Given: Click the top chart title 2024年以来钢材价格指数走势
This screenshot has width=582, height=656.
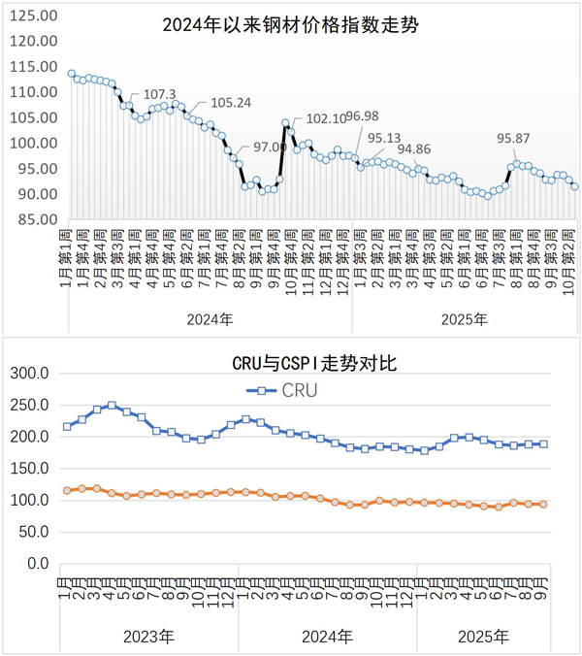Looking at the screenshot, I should click(x=291, y=24).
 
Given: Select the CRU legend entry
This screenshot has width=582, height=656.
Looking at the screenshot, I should click(x=287, y=391).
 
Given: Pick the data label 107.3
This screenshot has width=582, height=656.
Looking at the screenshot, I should click(x=159, y=94).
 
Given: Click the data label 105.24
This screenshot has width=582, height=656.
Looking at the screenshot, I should click(x=231, y=102).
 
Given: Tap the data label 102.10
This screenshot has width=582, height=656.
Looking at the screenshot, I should click(x=326, y=119).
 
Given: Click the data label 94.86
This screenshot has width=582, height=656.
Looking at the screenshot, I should click(x=414, y=149).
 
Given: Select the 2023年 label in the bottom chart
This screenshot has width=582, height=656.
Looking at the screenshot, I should click(x=148, y=637).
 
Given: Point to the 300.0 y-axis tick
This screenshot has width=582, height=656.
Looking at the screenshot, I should click(x=29, y=374).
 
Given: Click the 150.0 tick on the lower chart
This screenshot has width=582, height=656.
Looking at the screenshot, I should click(x=29, y=469).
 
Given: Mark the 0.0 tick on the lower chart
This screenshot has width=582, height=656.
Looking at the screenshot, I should click(x=37, y=564).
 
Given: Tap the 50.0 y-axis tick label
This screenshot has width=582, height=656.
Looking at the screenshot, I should click(x=33, y=532).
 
